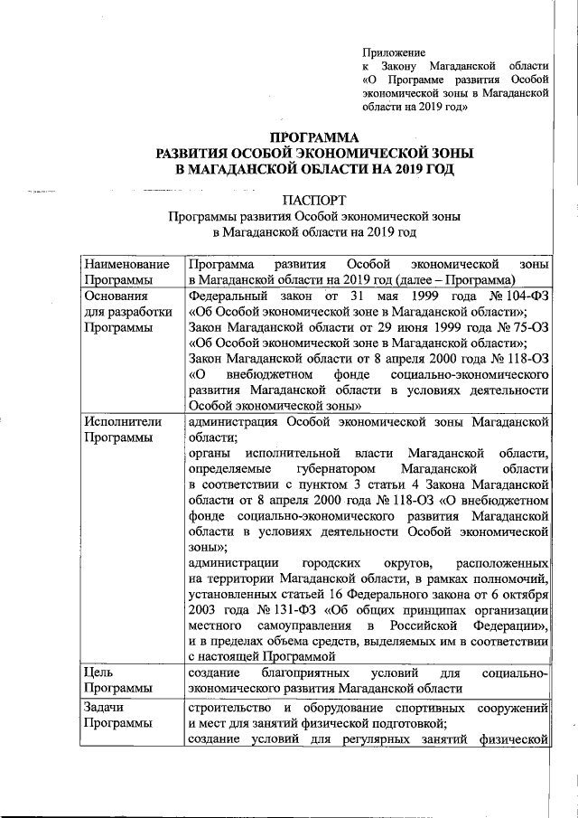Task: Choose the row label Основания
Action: point(116,295)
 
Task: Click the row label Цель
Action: point(98,672)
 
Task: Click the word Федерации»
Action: point(508,626)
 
